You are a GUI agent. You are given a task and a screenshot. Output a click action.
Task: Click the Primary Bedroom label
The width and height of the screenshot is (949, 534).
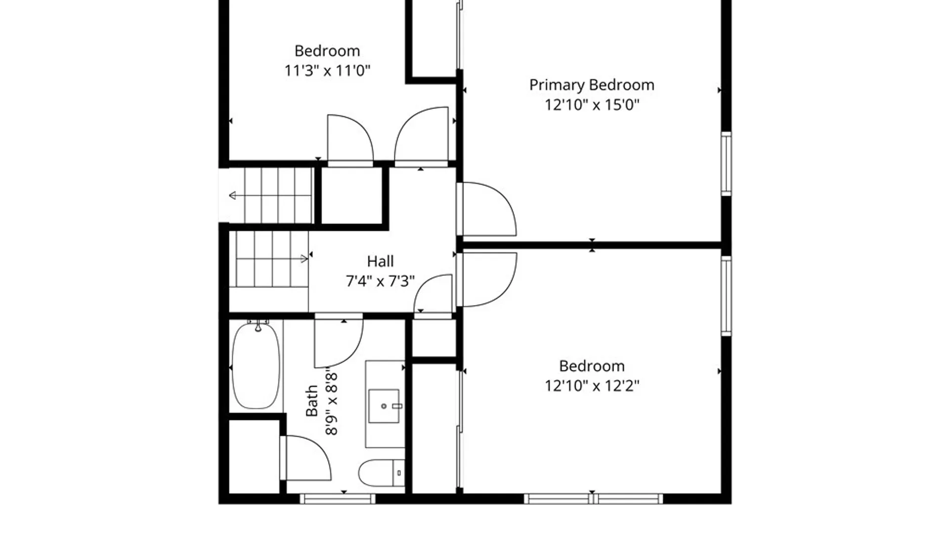592,85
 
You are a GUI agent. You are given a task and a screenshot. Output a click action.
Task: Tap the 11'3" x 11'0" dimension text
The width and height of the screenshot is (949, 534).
327,71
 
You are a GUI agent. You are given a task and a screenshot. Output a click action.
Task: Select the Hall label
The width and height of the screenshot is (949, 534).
380,261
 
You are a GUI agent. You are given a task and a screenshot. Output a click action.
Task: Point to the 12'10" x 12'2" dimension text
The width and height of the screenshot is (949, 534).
592,386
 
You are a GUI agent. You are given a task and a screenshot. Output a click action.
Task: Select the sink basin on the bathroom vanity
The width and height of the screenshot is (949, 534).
384,406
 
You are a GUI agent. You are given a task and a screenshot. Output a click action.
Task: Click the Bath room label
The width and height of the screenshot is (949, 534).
311,401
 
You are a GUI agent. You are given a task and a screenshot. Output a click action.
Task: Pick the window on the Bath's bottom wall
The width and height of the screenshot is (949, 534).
338,499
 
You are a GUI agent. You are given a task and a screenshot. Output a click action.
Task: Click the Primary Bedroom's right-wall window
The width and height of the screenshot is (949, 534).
726,164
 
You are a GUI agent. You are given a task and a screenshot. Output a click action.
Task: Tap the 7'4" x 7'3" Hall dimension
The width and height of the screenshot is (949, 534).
380,281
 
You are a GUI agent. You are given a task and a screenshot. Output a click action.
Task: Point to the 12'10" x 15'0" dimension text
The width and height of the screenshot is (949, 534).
592,105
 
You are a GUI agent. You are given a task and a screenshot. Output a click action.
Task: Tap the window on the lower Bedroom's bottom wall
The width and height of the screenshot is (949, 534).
593,499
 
